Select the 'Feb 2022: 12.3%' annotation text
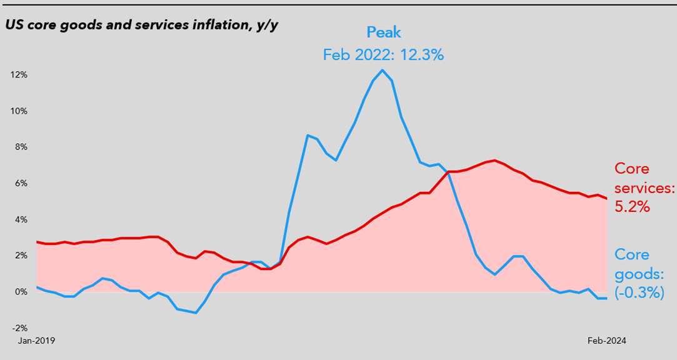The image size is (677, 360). tap(383, 54)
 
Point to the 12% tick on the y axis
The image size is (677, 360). tap(19, 75)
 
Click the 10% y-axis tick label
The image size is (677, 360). tap(19, 111)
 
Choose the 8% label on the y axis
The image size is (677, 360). tap(21, 147)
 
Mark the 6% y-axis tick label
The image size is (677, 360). tap(21, 184)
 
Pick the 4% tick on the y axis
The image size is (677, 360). tap(21, 220)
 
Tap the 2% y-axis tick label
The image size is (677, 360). tap(21, 256)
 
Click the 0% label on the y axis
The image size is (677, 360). tap(21, 292)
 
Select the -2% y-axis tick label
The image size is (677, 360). tap(19, 328)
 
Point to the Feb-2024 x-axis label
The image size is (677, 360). tap(606, 341)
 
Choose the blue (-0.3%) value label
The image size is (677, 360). tap(638, 291)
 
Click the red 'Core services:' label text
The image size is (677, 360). tap(644, 178)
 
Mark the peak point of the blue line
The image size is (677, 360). tap(383, 70)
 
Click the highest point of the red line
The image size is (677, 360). tap(494, 161)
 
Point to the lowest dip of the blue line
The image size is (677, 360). tap(196, 312)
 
